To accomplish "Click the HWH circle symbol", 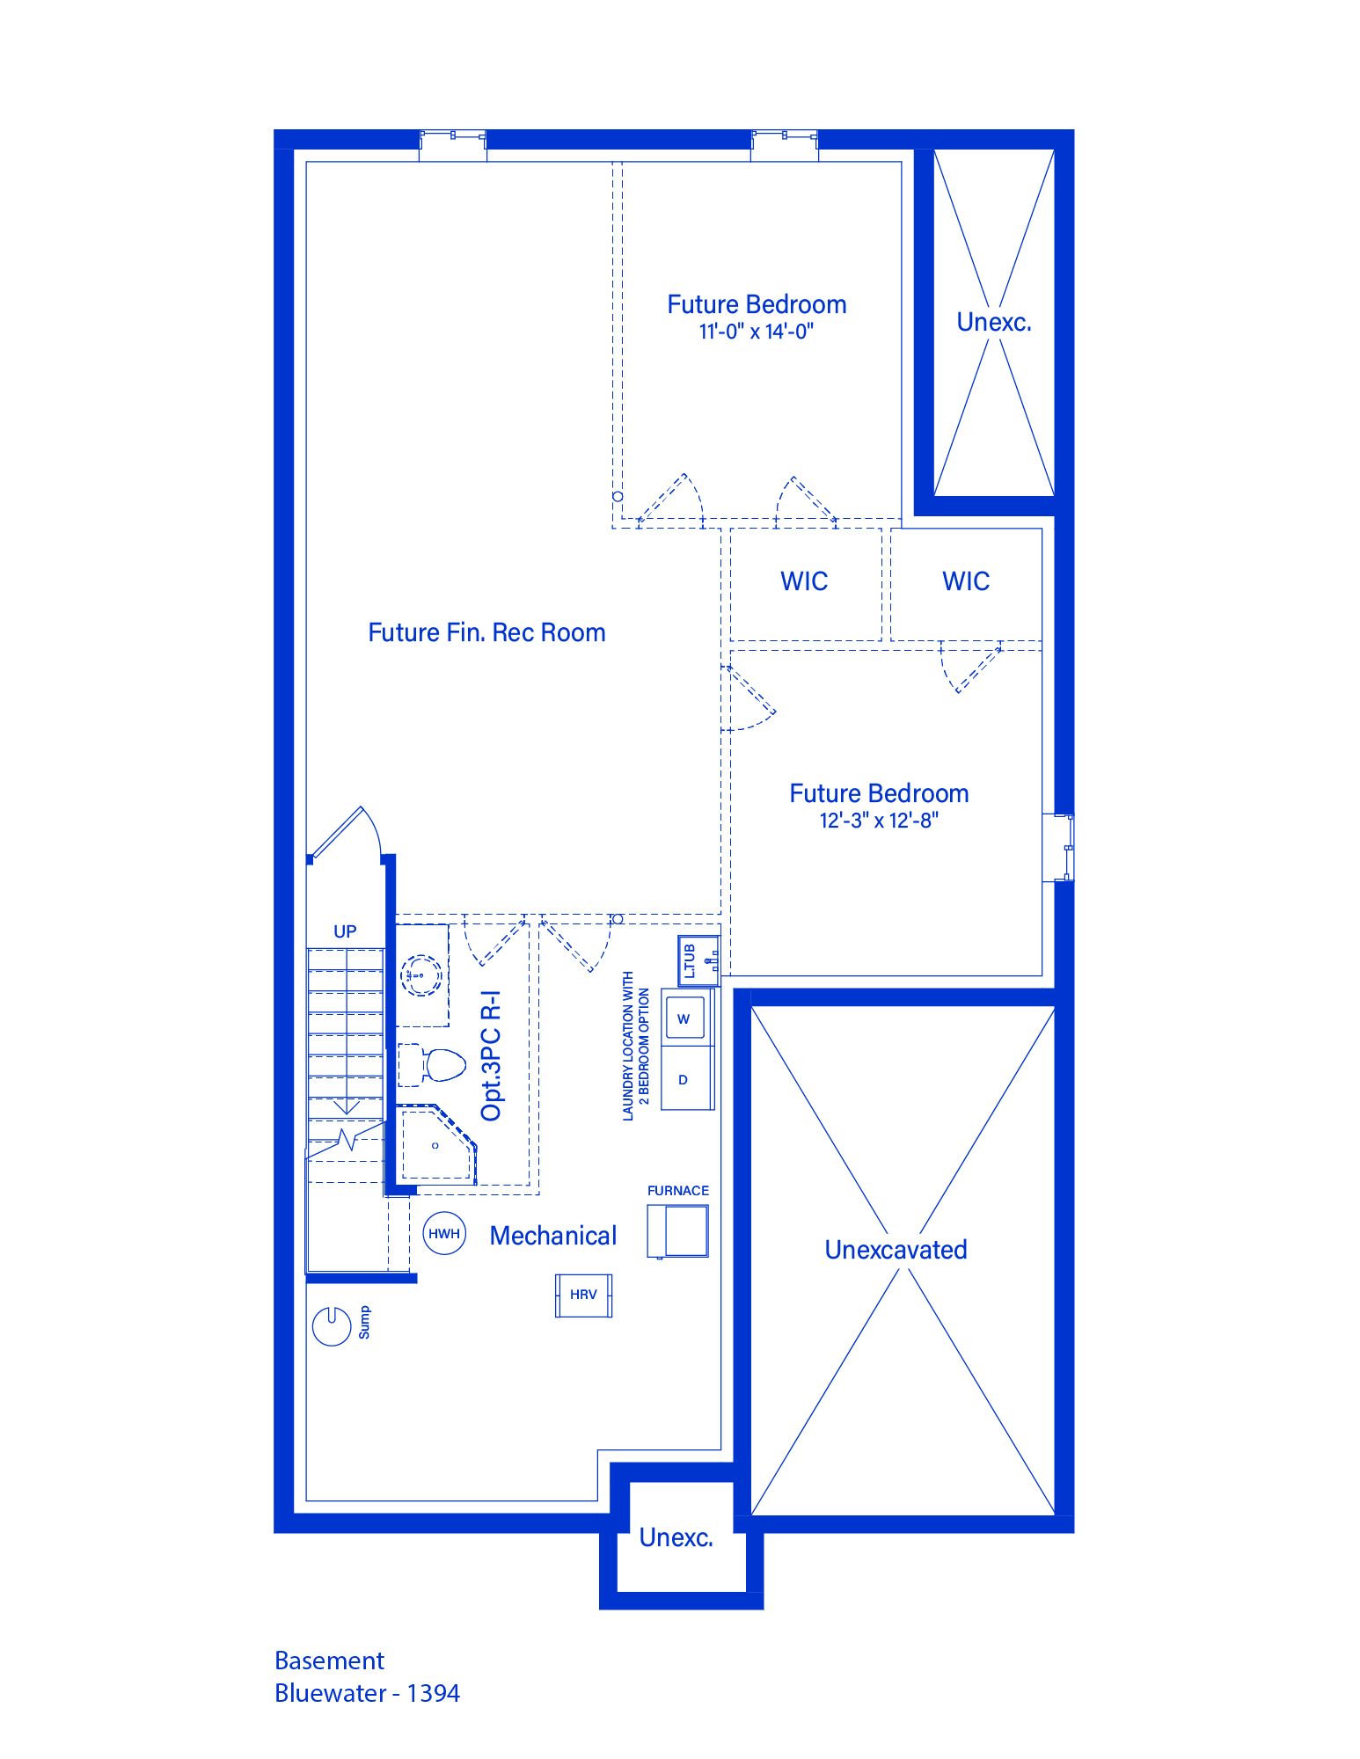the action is pos(444,1233).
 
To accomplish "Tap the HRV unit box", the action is pos(583,1295).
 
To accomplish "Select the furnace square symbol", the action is pos(678,1230).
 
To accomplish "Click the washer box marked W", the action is pos(684,1018).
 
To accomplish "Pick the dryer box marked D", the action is pos(684,1079).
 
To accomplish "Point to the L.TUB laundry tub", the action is pos(698,960).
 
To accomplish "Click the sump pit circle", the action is pos(332,1326).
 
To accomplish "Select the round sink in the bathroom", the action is pos(421,974).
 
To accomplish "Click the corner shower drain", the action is pos(435,1146).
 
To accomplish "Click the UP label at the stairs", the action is pos(345,931).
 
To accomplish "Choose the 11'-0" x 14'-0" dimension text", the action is pos(757,332).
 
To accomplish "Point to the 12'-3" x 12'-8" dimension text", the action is pos(879,821).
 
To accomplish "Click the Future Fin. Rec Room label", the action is pos(486,632).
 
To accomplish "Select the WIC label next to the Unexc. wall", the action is pos(966,581).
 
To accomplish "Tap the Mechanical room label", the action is pos(553,1236).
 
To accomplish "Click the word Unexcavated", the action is pos(896,1250).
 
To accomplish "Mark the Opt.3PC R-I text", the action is pos(492,1056).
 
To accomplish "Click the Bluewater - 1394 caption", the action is pos(367,1693).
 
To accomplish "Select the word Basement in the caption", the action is pos(329,1660).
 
